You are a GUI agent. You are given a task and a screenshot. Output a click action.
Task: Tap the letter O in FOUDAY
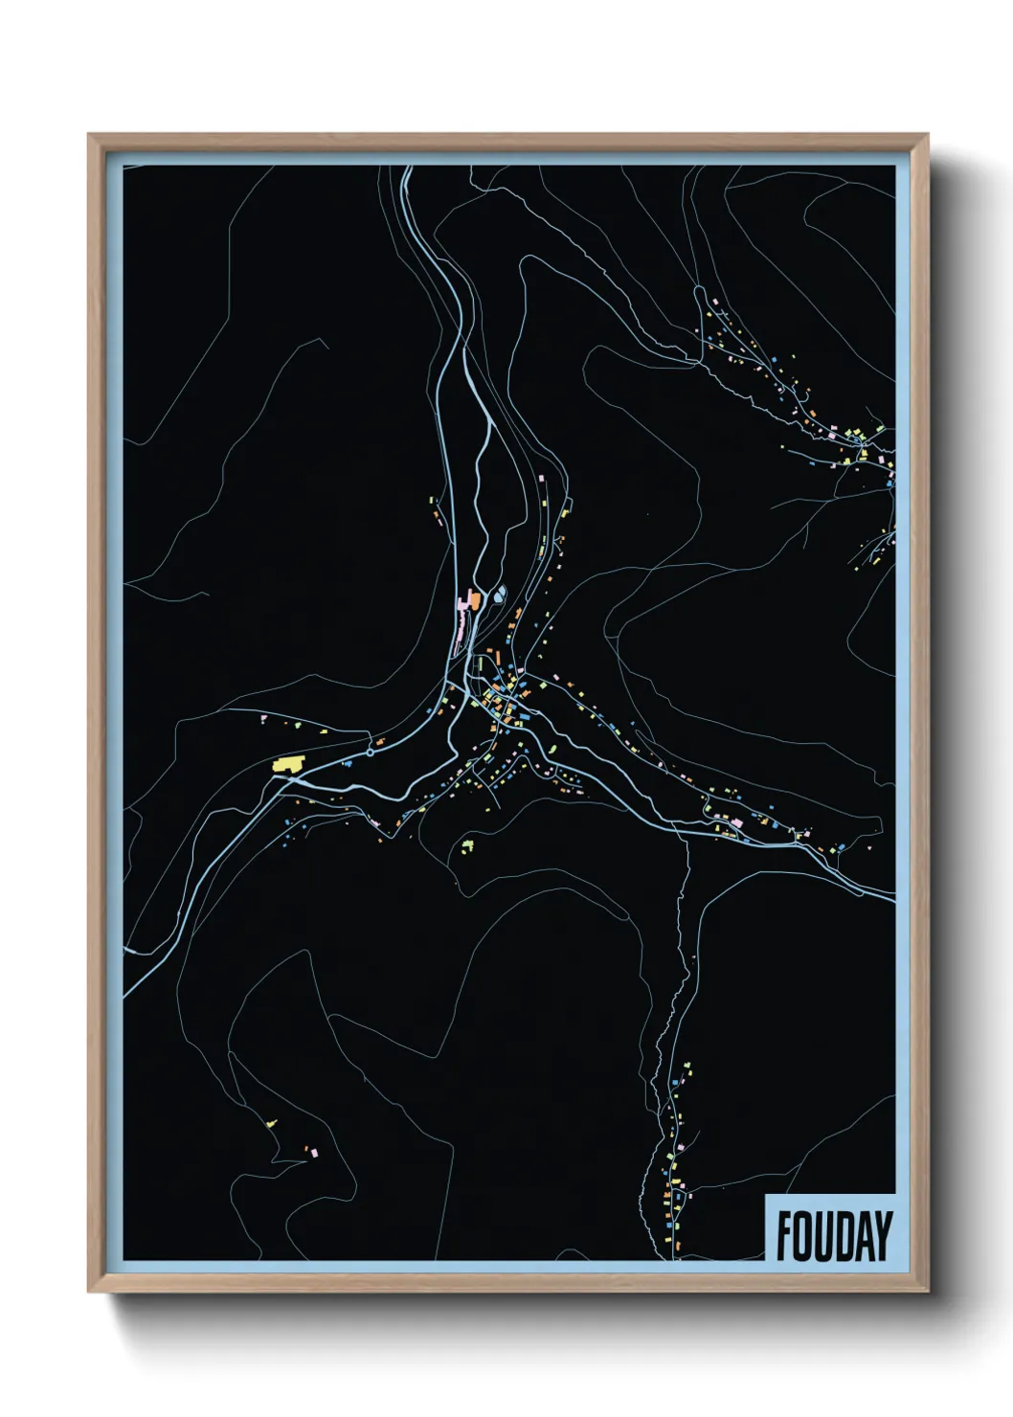click(804, 1236)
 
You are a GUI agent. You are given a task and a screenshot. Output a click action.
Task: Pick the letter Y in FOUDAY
click(884, 1236)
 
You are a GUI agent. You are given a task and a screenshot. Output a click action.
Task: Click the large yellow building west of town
click(287, 764)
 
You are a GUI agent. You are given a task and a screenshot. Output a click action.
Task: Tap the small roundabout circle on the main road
click(371, 753)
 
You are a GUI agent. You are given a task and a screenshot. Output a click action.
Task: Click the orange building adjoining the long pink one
click(473, 599)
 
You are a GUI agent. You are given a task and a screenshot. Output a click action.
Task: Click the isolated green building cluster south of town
click(467, 845)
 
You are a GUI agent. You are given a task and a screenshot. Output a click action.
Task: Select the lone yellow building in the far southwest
click(273, 1123)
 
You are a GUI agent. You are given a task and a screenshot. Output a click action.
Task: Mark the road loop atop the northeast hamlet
click(715, 313)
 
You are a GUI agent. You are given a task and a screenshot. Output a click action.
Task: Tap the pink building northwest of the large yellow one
click(263, 718)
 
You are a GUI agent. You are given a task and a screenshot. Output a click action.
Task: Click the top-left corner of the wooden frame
click(89, 135)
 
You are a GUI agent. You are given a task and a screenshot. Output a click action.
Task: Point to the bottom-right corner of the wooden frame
click(927, 1292)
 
